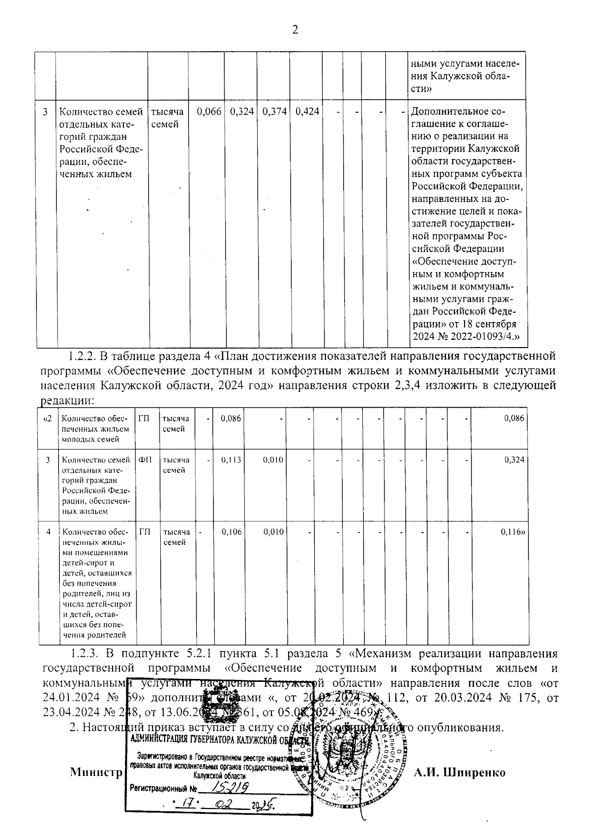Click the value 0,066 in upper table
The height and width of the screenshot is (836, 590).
[x=209, y=112]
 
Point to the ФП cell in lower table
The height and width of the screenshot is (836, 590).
[x=146, y=460]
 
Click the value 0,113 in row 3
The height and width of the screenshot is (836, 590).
[x=231, y=460]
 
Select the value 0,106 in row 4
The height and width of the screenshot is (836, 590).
[x=231, y=532]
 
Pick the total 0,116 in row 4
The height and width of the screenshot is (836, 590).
[x=513, y=532]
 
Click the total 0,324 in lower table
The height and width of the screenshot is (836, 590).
[x=514, y=460]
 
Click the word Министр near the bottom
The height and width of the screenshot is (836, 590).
[x=96, y=772]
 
